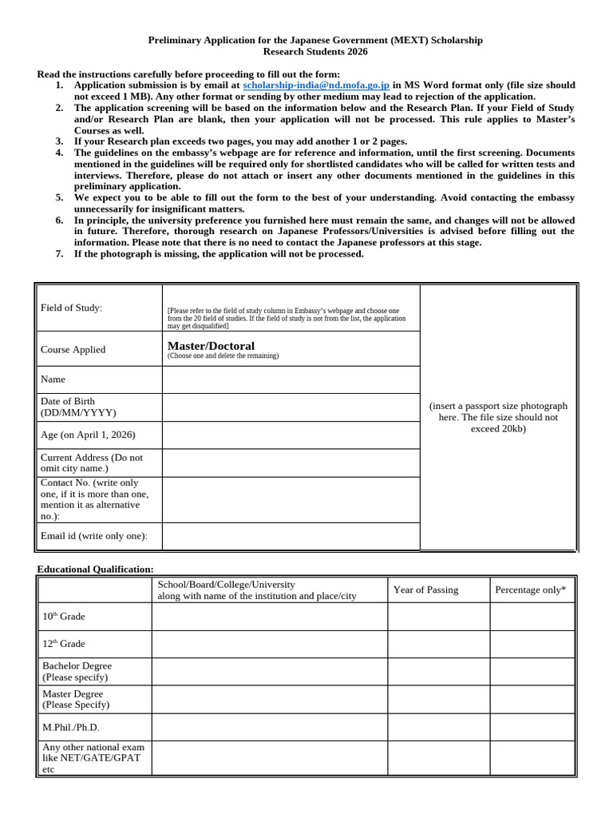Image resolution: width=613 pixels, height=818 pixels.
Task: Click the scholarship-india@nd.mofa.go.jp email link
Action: coord(316,85)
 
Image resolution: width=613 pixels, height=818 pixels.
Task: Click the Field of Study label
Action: coord(72,308)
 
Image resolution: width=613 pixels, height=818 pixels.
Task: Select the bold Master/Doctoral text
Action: coord(211,346)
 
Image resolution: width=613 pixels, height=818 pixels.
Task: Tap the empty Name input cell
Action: coord(291,379)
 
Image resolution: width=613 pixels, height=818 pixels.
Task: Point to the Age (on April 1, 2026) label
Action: coord(88,435)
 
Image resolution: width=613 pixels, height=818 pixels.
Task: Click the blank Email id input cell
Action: coord(291,536)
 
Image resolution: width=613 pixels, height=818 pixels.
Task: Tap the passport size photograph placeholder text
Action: coord(498,417)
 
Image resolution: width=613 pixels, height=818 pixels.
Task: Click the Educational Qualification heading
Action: coord(95,569)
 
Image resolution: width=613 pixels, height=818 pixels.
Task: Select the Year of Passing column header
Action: coord(425,590)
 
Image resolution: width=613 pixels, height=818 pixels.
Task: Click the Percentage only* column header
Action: coord(530,590)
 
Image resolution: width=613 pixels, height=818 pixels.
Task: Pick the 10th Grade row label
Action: coord(63,617)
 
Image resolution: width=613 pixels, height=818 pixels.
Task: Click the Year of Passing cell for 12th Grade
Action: coord(438,644)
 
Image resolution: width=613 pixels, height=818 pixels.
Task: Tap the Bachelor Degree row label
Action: coord(77,671)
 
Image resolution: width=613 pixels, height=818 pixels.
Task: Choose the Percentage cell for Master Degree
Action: coord(532,699)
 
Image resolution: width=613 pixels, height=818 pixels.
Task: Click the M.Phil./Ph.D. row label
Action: coord(71,728)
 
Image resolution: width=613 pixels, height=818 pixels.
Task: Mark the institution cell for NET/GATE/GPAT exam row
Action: coord(269,757)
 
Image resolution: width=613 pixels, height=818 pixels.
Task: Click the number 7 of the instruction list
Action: coord(59,254)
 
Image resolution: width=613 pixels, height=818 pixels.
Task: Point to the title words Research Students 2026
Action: coord(315,52)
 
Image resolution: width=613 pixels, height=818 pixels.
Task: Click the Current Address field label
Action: coord(92,463)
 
